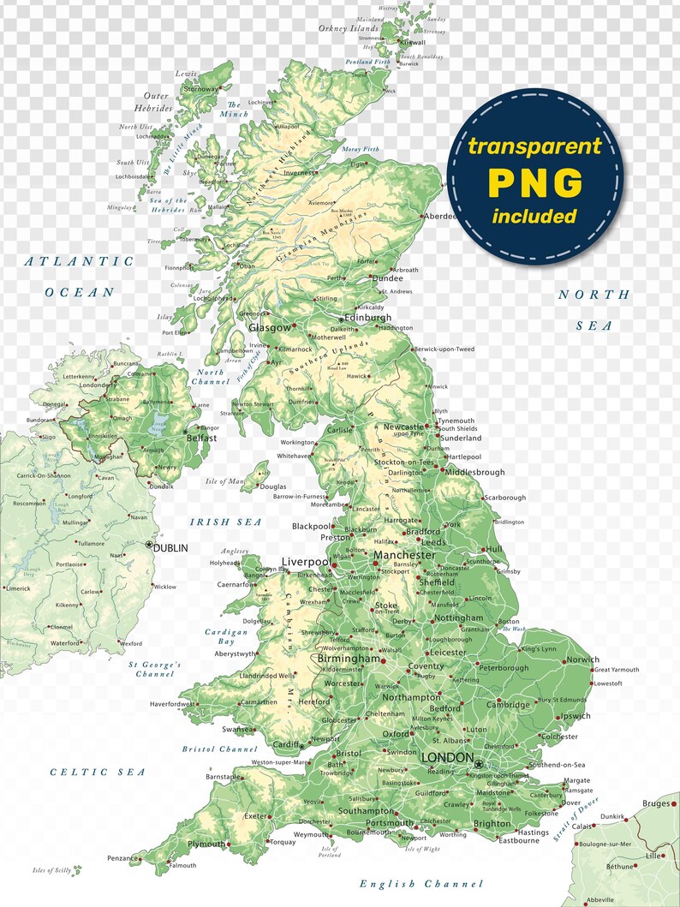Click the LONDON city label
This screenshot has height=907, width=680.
click(448, 758)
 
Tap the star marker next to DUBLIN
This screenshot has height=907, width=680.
click(149, 545)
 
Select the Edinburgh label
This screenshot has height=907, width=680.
click(367, 318)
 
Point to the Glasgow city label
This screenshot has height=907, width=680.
click(269, 327)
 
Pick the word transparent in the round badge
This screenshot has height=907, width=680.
click(534, 146)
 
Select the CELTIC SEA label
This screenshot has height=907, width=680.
click(98, 772)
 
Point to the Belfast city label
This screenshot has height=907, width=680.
click(201, 438)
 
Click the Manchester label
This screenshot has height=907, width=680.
click(404, 556)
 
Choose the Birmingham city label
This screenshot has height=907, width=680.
click(349, 659)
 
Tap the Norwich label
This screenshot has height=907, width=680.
click(583, 659)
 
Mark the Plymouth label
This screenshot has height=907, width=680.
click(206, 844)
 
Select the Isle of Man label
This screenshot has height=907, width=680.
click(225, 481)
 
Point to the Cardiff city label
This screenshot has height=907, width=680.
click(285, 743)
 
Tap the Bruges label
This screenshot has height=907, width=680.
click(655, 803)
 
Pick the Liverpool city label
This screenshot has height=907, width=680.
click(306, 562)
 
